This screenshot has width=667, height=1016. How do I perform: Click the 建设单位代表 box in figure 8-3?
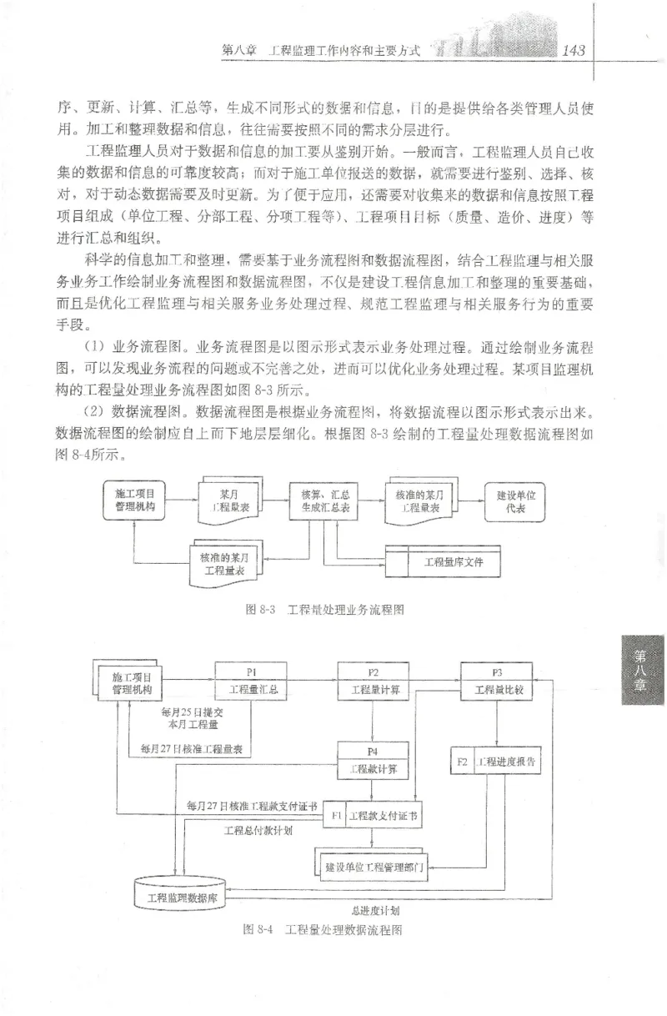[x=514, y=500]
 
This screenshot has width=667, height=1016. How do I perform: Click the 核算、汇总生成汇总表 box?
[x=323, y=500]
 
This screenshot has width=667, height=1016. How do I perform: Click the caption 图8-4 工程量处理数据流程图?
[x=320, y=929]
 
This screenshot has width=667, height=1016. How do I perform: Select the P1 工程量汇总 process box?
[x=250, y=682]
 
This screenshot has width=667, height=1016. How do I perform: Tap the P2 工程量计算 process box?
[x=373, y=682]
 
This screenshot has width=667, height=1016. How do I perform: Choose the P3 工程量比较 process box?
[x=496, y=682]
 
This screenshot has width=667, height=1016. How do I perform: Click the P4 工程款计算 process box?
[x=373, y=761]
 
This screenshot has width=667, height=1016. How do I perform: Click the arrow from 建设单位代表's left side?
[x=474, y=500]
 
